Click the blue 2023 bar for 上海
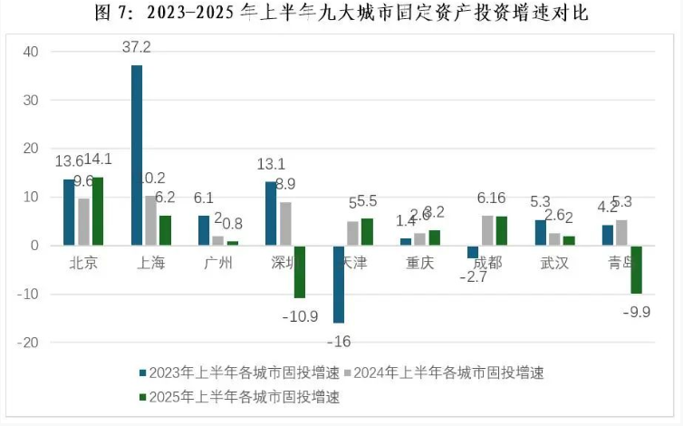coord(137,154)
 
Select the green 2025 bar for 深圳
coord(299,272)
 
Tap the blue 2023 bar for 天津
coord(339,284)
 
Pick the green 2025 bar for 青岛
coord(637,269)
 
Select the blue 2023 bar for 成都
coord(472,252)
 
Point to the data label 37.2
coord(138,44)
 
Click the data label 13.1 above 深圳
coord(270,164)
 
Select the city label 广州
coord(216,264)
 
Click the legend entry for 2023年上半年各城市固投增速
coord(234,373)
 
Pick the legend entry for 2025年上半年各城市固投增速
coord(234,396)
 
